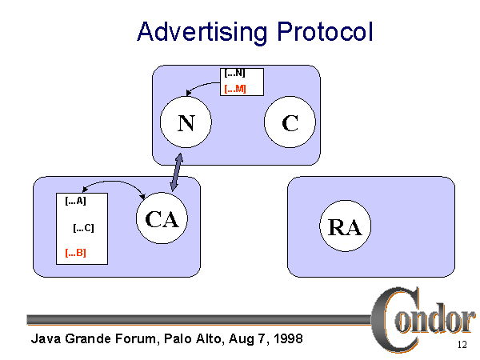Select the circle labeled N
(x=186, y=123)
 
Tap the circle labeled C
(x=290, y=123)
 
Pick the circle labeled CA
(x=162, y=220)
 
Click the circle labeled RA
(x=346, y=226)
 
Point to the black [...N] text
(x=235, y=74)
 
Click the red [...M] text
(x=235, y=88)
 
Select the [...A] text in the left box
(x=75, y=202)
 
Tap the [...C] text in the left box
(x=84, y=228)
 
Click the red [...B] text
(x=75, y=254)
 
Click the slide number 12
(x=462, y=346)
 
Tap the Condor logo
(x=422, y=315)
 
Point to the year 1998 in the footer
(x=285, y=338)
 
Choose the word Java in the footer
(x=45, y=338)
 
